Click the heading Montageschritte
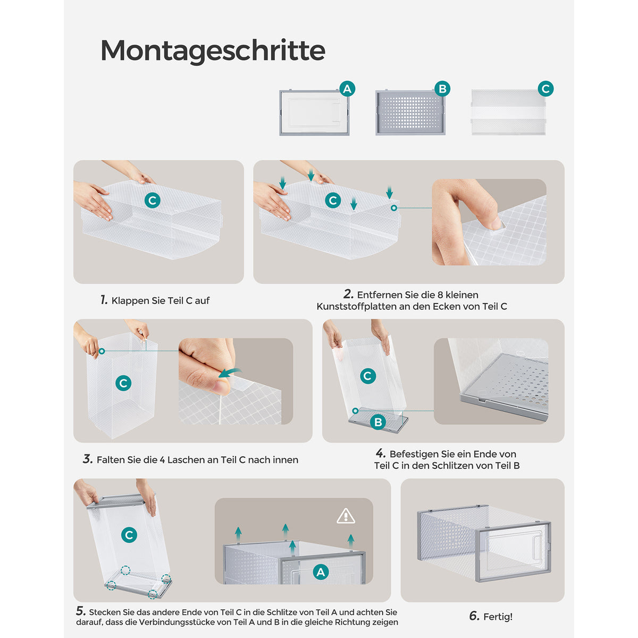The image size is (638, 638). coord(213,51)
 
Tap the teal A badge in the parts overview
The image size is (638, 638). coord(347,89)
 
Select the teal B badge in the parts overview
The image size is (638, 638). coord(442,89)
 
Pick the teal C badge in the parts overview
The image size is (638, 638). coord(545,89)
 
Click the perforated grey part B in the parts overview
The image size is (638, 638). coord(410,113)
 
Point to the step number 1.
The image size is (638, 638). coord(104,300)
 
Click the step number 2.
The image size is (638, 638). coord(348,294)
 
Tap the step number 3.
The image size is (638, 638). coord(88,459)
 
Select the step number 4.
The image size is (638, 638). coord(381,453)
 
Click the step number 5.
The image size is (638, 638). coord(81,611)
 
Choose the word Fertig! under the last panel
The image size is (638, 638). coord(498,617)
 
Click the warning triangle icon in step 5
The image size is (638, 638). coord(346,516)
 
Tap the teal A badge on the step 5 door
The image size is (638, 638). coord(321,572)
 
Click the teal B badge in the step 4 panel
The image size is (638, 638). coord(378,422)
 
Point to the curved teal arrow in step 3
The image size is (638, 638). coord(230,373)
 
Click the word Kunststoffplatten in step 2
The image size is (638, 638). coord(356,307)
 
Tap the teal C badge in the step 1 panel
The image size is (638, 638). coord(152,200)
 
